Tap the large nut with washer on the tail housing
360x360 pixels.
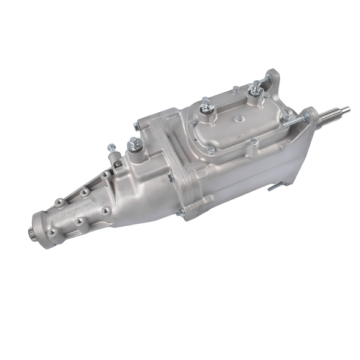pyautogui.click(x=133, y=145)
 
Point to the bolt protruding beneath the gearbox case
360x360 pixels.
pyautogui.click(x=273, y=187)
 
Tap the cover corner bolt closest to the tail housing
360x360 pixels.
pyautogui.click(x=192, y=123)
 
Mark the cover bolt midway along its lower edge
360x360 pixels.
pyautogui.click(x=254, y=142)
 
